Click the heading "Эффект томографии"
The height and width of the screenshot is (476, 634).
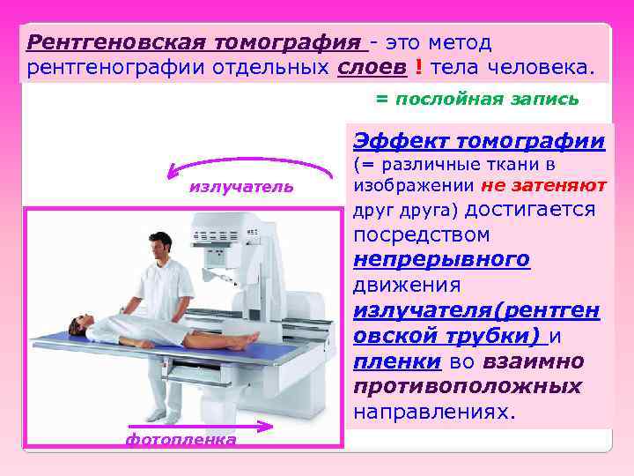(x=479, y=141)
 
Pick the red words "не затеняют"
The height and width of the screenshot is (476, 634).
(x=544, y=186)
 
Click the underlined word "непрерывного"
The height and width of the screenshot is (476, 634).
(x=441, y=260)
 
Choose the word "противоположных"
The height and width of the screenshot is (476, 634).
(x=467, y=387)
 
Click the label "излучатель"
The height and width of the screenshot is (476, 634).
(x=240, y=189)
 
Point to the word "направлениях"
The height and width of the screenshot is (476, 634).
(x=433, y=413)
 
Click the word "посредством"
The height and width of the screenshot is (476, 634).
(x=421, y=235)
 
